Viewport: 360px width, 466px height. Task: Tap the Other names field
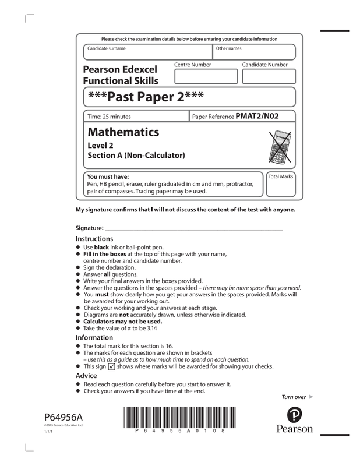254,52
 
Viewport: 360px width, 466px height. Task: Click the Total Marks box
280,183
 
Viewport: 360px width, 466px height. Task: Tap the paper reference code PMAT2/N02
257,116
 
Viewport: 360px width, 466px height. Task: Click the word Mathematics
123,132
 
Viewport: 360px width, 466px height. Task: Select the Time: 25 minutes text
109,116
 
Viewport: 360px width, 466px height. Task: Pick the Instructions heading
94,239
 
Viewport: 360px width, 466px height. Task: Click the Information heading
94,338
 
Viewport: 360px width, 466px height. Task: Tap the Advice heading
88,376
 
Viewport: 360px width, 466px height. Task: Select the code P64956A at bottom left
63,417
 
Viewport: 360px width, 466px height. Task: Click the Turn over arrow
312,397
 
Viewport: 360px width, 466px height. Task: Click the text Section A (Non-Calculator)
136,156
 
